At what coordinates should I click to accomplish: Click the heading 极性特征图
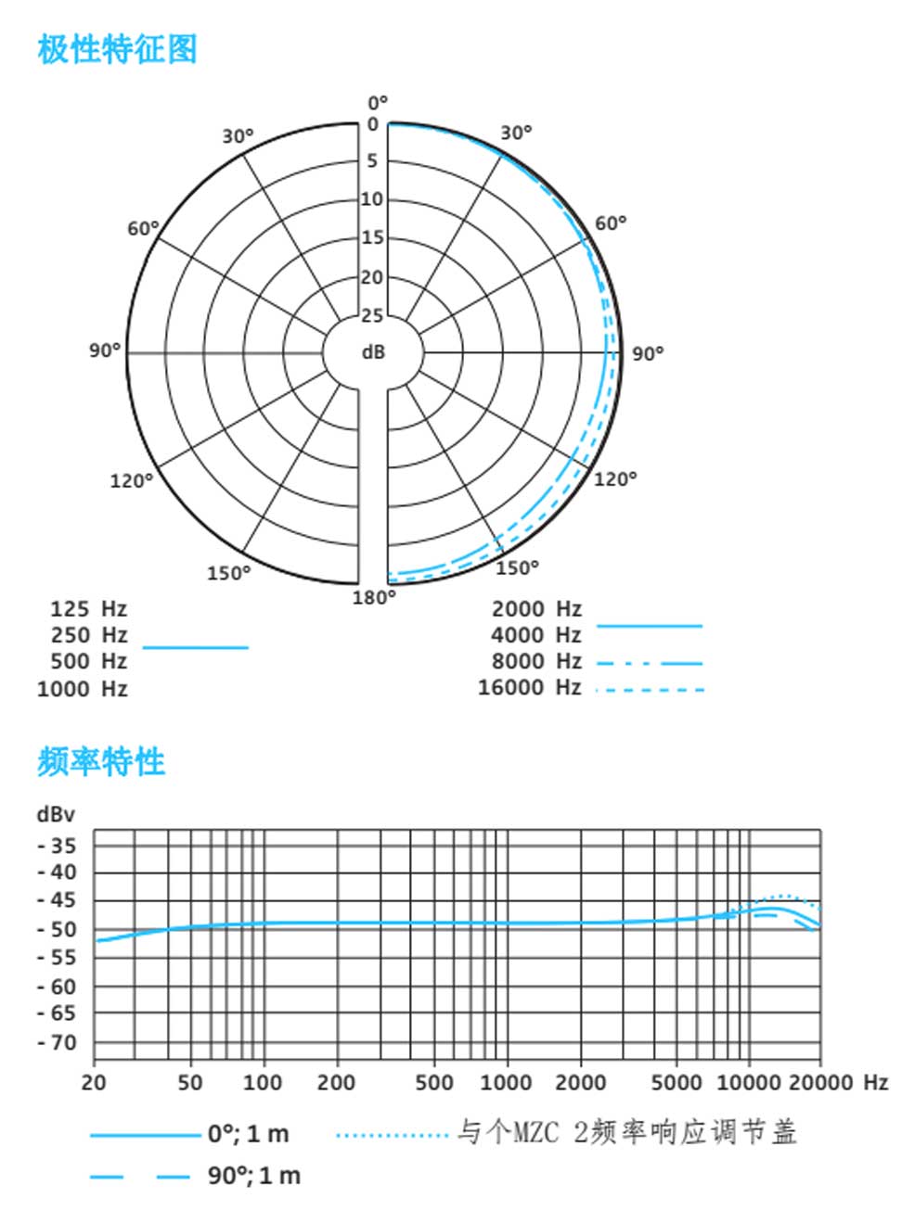tap(117, 48)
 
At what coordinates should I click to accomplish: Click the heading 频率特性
tap(101, 761)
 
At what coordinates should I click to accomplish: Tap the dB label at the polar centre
tap(373, 352)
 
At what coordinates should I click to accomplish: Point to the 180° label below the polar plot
tap(373, 597)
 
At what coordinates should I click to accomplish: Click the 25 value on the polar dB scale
tap(372, 316)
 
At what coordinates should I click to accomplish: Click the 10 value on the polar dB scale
tap(372, 199)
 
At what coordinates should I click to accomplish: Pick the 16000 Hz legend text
tap(529, 687)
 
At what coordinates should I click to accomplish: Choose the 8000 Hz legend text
tap(535, 661)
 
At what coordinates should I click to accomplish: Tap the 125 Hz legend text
tap(88, 609)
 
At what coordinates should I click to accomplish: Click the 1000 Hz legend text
tap(82, 689)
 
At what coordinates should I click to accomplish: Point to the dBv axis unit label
tap(56, 814)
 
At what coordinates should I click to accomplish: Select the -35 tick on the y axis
tap(58, 846)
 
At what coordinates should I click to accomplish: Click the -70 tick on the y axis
tap(58, 1043)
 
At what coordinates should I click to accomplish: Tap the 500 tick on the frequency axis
tap(434, 1082)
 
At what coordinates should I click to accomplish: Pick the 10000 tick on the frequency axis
tap(750, 1082)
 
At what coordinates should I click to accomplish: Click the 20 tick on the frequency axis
tap(94, 1082)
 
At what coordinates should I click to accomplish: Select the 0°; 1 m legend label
tap(248, 1133)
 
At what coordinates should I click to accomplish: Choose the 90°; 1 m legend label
tap(253, 1176)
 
